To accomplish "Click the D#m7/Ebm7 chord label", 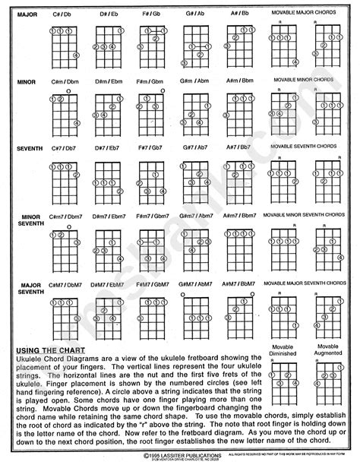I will (x=107, y=217).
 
